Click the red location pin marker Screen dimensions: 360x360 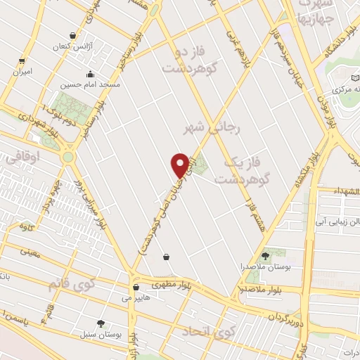tap(179, 165)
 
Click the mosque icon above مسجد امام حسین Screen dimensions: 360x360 tap(90, 74)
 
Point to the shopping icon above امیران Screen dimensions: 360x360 tap(22, 61)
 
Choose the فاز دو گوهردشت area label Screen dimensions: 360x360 tap(186, 60)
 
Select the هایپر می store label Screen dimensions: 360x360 tap(136, 298)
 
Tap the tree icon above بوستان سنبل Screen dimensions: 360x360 tap(101, 323)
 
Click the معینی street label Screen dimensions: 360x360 tap(30, 250)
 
